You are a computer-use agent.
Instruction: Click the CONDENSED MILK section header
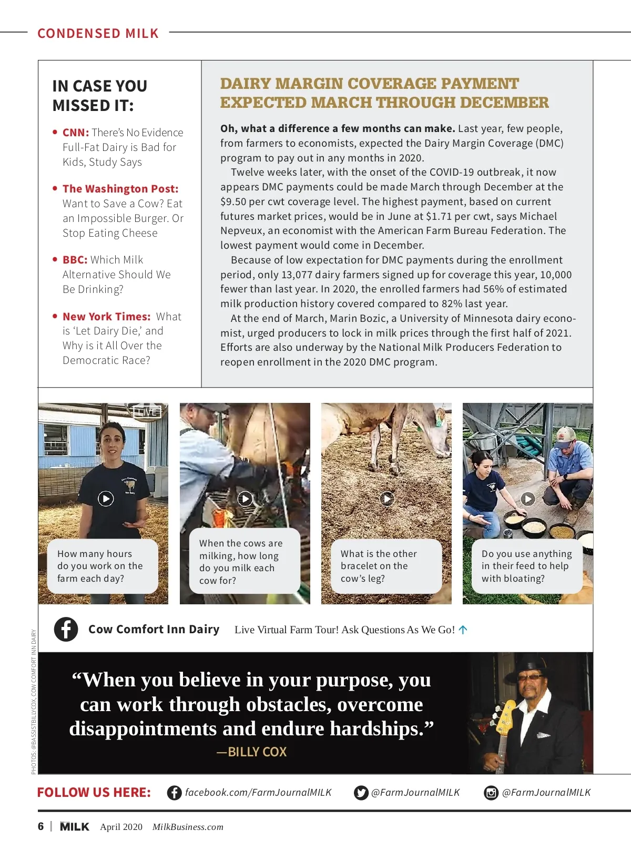pos(98,33)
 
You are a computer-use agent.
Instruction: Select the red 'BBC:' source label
pos(75,260)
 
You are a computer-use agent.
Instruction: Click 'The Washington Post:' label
pos(120,189)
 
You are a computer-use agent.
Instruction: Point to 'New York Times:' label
pos(107,317)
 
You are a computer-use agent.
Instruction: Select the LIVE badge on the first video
pos(147,412)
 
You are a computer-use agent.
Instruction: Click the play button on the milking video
pos(245,499)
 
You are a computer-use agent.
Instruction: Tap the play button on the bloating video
pos(527,499)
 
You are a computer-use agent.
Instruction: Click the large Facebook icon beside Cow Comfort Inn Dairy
pos(66,629)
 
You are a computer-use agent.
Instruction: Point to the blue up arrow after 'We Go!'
pos(463,630)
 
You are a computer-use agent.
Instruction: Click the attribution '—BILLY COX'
pos(251,752)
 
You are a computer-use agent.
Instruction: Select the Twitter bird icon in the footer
pos(361,793)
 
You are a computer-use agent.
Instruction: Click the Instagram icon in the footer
pos(491,793)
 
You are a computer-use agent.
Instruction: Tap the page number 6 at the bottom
pos(40,826)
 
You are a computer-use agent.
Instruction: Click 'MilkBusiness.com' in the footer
pos(188,827)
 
